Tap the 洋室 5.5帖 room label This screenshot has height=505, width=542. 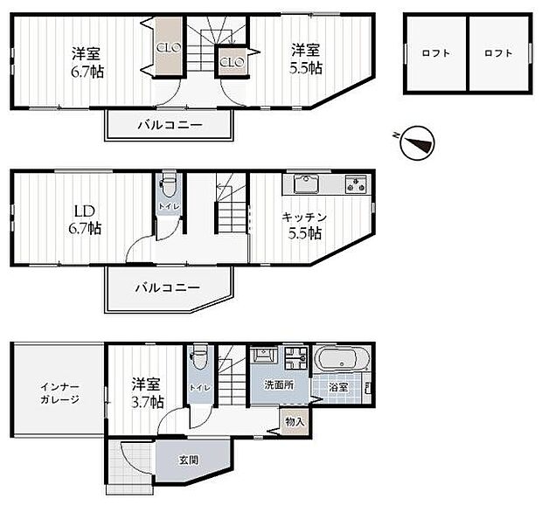coord(307,58)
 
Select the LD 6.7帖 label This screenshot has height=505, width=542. coord(86,219)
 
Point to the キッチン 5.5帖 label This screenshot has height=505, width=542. coord(304,225)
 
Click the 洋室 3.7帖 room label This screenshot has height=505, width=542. coord(146,393)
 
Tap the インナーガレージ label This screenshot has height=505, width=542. coord(59,393)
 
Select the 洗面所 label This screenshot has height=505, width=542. coord(279,384)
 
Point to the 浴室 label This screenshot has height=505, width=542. coord(340,387)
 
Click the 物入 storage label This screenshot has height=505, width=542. coord(295,422)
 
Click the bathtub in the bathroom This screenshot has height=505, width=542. coord(344,360)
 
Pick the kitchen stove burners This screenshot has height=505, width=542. coord(355,184)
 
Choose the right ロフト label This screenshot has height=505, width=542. coord(498,53)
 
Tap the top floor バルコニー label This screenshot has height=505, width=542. coord(170,125)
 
